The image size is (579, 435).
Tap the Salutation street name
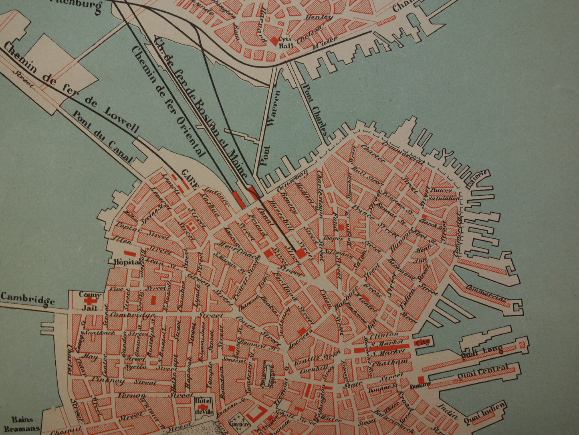coord(442,198)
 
